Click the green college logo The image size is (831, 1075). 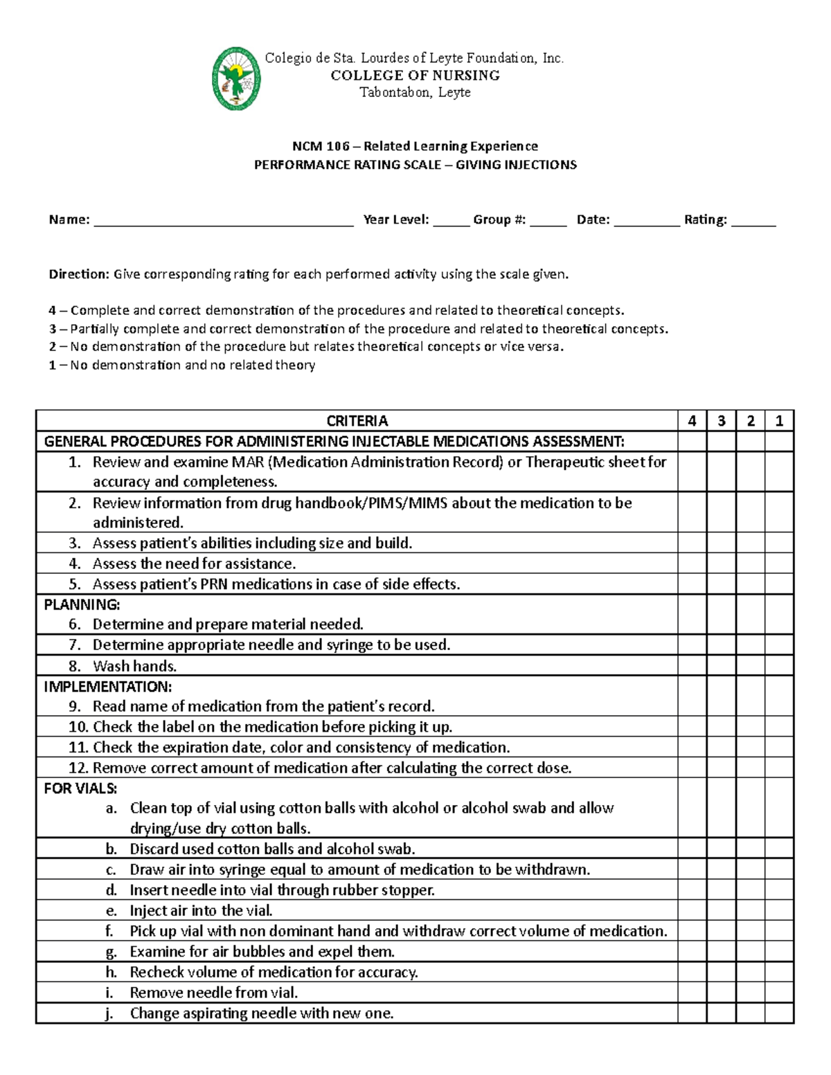pos(236,78)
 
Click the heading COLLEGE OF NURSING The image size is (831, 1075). pos(415,75)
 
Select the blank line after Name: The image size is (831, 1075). pos(223,222)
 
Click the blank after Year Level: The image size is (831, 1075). pos(451,222)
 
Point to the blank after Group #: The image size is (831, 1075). pos(548,222)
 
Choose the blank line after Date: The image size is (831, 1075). pos(646,222)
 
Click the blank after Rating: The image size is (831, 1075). pos(753,222)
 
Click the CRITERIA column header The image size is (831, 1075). pos(357,421)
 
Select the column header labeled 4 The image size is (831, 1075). pos(692,421)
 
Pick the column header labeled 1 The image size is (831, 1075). pos(779,421)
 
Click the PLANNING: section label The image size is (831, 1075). pos(82,604)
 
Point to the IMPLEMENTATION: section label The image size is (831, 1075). pos(107,687)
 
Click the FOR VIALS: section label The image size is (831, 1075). pos(80,788)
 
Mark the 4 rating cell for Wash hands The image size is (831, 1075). pos(692,666)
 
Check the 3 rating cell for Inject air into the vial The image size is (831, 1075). pos(721,910)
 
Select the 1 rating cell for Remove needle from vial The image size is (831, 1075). pos(779,993)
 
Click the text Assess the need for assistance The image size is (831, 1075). pos(194,563)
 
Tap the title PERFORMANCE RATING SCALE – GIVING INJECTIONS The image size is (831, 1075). pos(415,165)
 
